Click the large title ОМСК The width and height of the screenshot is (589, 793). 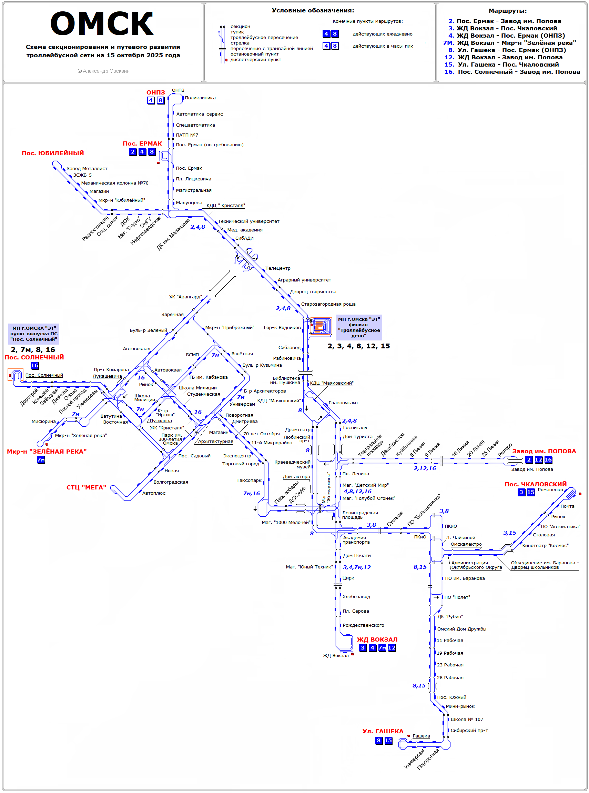(x=102, y=24)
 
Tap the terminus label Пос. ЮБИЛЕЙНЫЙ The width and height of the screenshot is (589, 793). (x=53, y=153)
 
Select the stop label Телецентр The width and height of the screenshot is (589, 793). (x=278, y=268)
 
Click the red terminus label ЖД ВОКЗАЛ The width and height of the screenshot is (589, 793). (x=377, y=640)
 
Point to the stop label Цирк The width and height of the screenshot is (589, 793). (x=348, y=578)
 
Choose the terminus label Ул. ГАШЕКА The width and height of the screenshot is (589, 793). (x=383, y=731)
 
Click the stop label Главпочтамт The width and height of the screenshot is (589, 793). (x=343, y=403)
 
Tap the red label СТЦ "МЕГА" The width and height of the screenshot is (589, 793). (x=86, y=487)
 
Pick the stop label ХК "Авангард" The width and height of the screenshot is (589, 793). (x=185, y=297)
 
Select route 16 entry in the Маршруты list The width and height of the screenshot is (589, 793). (x=512, y=72)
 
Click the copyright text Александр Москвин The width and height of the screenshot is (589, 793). (x=104, y=71)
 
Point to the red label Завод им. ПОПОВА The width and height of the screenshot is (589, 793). (x=544, y=451)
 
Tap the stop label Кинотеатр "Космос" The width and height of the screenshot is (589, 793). (x=545, y=546)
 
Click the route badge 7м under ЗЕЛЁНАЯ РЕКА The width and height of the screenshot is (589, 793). (x=41, y=460)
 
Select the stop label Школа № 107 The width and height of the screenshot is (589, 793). (x=467, y=720)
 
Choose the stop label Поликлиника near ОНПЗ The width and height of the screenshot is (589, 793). (x=200, y=98)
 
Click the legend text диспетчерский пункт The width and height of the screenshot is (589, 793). (x=256, y=60)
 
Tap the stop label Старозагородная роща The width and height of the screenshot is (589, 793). (x=328, y=305)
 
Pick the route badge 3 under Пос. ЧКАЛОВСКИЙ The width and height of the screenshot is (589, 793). (x=521, y=492)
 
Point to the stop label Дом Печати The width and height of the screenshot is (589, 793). (x=357, y=556)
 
